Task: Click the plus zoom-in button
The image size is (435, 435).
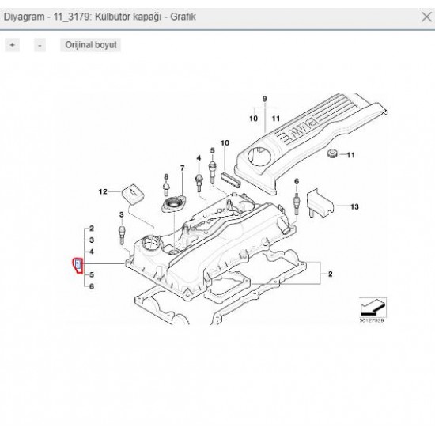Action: point(12,45)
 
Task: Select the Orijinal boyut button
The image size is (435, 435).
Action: point(90,45)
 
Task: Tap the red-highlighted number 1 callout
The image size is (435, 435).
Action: point(78,263)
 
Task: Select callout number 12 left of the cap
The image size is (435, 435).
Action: point(102,192)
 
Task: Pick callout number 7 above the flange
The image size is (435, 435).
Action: point(181,168)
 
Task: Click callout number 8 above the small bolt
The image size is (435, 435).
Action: point(165,176)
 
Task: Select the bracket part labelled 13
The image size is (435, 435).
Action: point(318,202)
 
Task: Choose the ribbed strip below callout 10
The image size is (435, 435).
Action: point(232,178)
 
